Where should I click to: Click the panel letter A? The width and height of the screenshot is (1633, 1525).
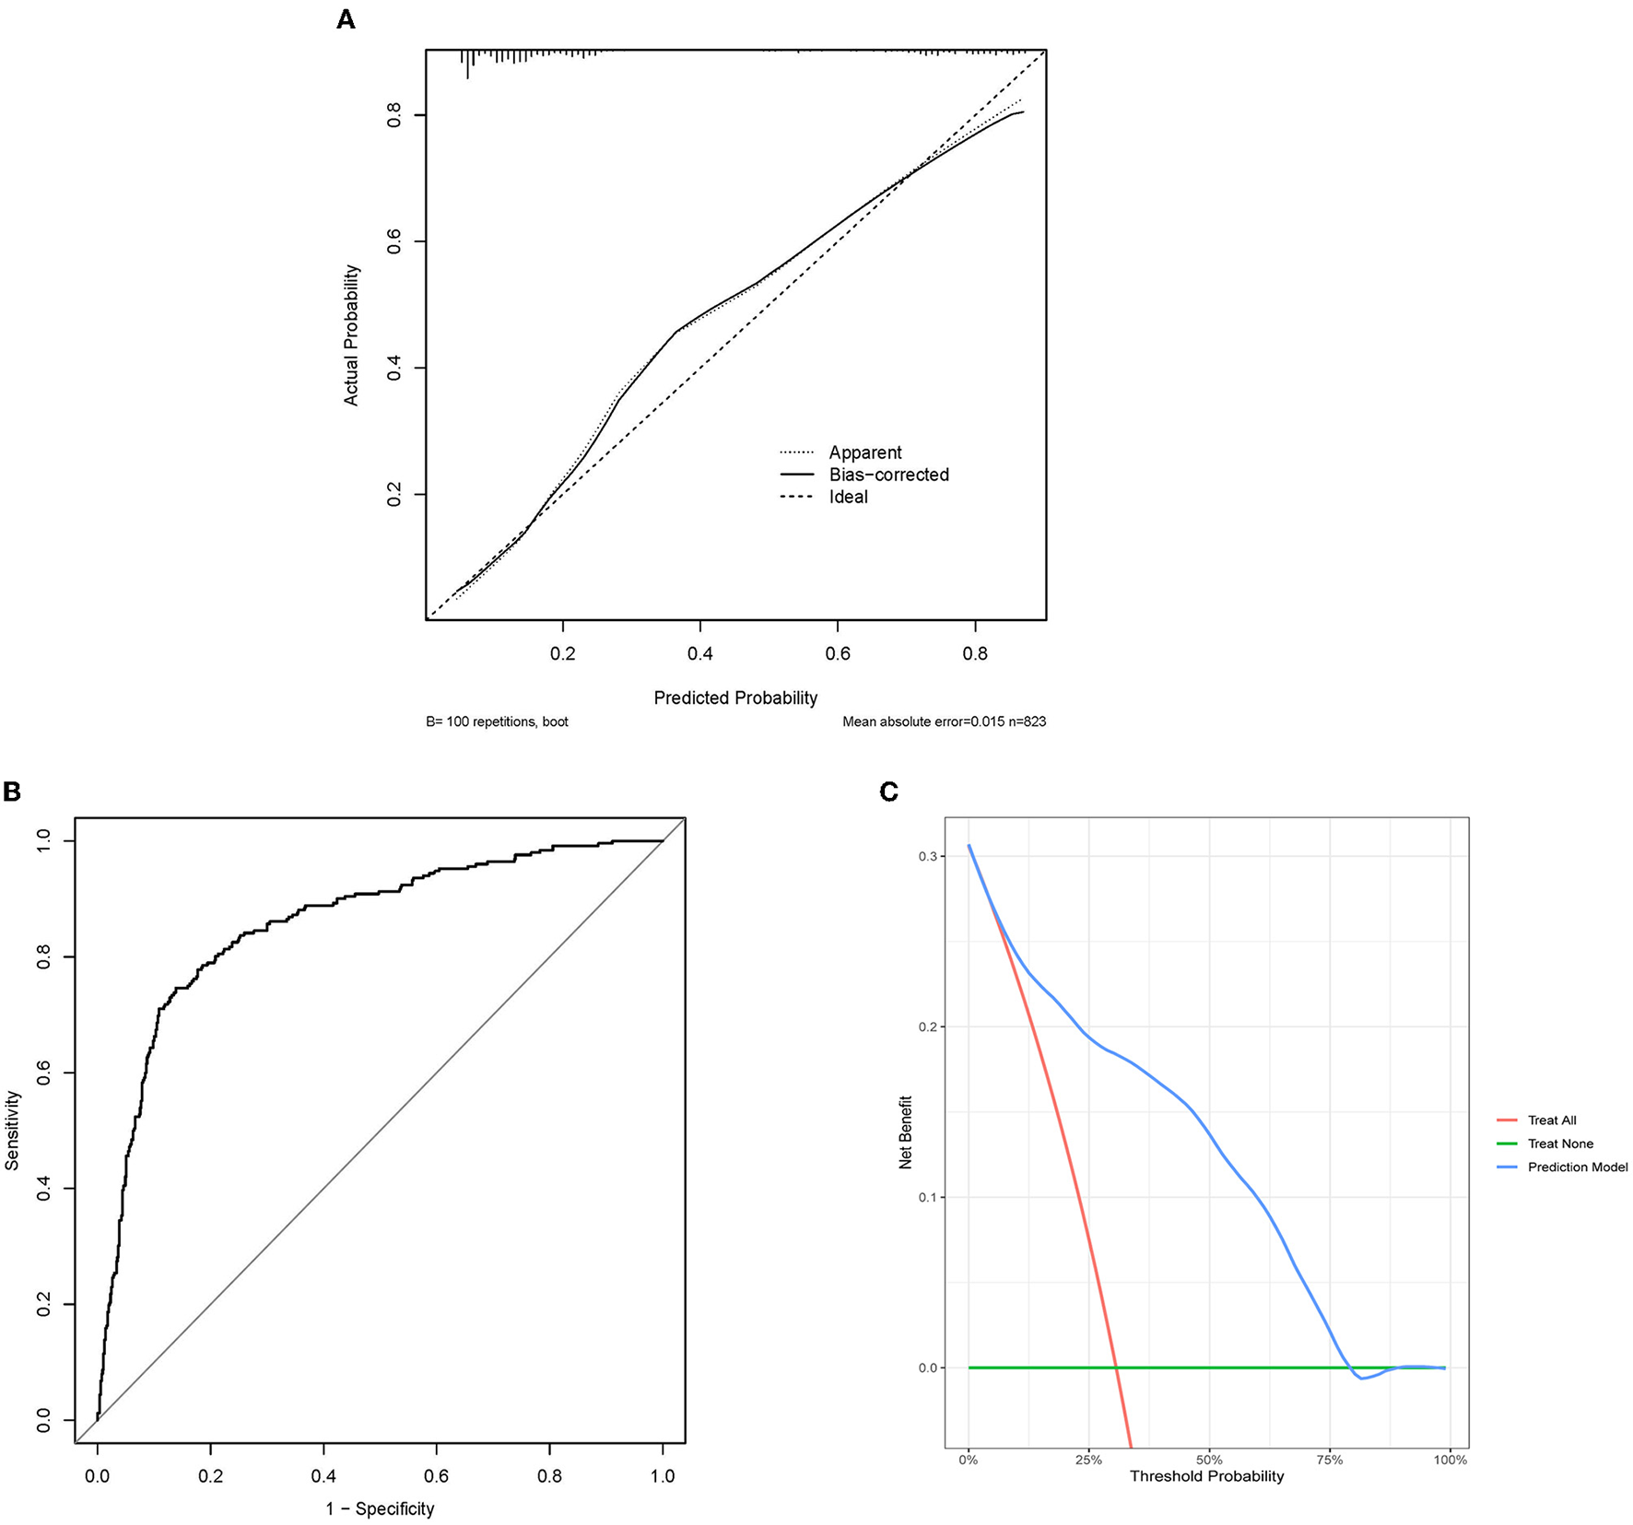click(x=346, y=19)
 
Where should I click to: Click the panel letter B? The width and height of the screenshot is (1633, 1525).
click(x=12, y=792)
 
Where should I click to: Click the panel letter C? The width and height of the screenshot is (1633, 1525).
click(x=888, y=792)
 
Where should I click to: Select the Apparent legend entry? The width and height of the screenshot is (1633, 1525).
click(x=864, y=452)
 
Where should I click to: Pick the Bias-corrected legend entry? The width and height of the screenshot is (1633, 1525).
click(x=888, y=475)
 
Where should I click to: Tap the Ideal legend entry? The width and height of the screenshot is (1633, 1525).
click(x=848, y=497)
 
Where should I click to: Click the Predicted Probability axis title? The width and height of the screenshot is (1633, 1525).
click(x=735, y=698)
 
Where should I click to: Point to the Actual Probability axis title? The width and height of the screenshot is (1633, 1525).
click(x=351, y=335)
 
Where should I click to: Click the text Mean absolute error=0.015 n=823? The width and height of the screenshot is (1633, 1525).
click(x=944, y=721)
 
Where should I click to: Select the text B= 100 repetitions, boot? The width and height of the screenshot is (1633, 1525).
click(x=497, y=721)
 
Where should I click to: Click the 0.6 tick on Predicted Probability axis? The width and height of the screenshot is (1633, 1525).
click(x=838, y=653)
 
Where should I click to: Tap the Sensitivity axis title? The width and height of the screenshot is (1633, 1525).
click(x=13, y=1131)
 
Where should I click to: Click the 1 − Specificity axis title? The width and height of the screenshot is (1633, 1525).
click(x=380, y=1508)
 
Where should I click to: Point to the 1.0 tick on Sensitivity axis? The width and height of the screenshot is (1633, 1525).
click(x=43, y=840)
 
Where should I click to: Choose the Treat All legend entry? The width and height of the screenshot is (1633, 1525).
click(x=1552, y=1120)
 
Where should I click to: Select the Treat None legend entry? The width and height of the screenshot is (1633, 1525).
click(x=1560, y=1144)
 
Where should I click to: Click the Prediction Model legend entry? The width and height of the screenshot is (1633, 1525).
click(x=1577, y=1167)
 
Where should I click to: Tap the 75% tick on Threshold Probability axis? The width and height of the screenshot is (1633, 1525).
click(x=1330, y=1460)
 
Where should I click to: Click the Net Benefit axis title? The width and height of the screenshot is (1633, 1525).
click(x=905, y=1132)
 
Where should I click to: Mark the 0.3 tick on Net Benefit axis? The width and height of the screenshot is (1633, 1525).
click(x=928, y=856)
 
